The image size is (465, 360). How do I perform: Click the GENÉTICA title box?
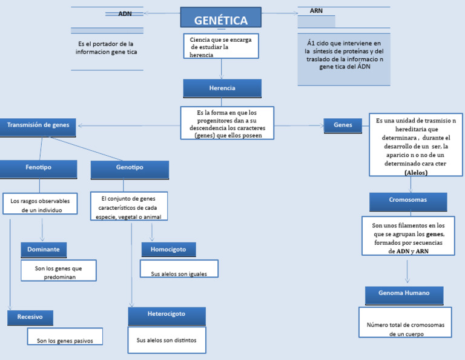pyautogui.click(x=221, y=18)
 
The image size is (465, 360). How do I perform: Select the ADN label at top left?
pyautogui.click(x=125, y=13)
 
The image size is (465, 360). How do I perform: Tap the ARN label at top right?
pyautogui.click(x=316, y=11)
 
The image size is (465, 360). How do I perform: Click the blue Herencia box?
pyautogui.click(x=222, y=88)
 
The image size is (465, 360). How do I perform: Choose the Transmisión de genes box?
pyautogui.click(x=38, y=125)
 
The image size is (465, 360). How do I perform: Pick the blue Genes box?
pyautogui.click(x=343, y=125)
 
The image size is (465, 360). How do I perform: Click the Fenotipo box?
pyautogui.click(x=38, y=168)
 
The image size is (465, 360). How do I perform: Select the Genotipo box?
pyautogui.click(x=130, y=168)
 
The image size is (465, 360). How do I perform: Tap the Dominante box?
pyautogui.click(x=43, y=249)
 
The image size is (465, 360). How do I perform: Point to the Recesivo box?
pyautogui.click(x=30, y=317)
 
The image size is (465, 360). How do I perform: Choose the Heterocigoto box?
pyautogui.click(x=167, y=315)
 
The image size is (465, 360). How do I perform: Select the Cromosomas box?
pyautogui.click(x=408, y=200)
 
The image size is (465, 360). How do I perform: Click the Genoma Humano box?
pyautogui.click(x=404, y=294)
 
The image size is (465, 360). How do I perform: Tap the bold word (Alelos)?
pyautogui.click(x=415, y=173)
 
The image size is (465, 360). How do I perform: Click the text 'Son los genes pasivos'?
pyautogui.click(x=65, y=341)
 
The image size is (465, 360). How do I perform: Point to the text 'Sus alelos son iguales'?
pyautogui.click(x=179, y=273)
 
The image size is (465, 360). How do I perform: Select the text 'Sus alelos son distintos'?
pyautogui.click(x=167, y=340)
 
